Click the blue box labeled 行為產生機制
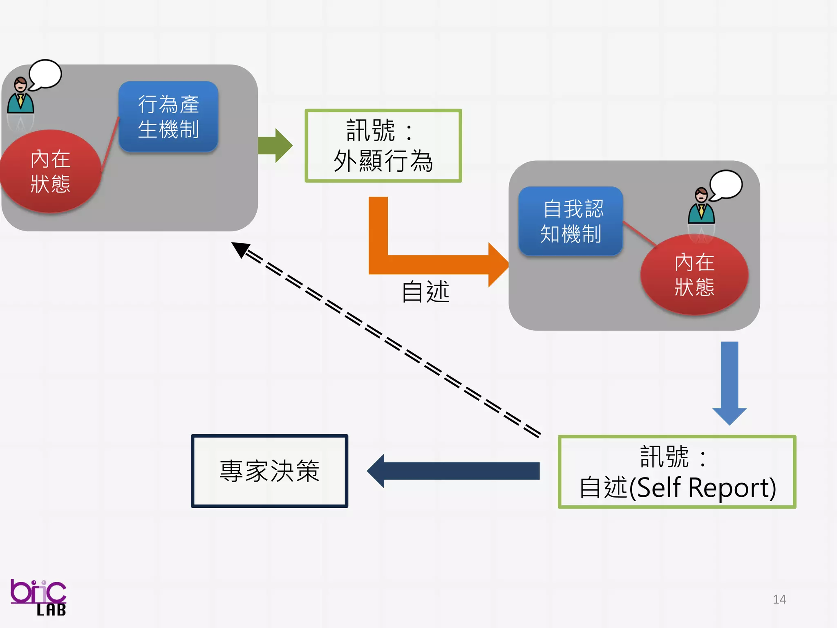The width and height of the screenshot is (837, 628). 168,116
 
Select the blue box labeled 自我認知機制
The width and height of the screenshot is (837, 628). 571,221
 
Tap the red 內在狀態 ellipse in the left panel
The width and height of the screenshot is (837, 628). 50,171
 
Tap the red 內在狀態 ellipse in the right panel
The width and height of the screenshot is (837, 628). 694,274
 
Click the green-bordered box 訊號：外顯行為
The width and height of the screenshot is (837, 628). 383,146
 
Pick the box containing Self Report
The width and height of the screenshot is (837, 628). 677,471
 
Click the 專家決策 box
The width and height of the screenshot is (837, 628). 269,471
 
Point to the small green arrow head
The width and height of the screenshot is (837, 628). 283,146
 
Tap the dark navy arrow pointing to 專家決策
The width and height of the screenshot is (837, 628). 454,471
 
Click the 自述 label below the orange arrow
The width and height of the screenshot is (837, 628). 425,292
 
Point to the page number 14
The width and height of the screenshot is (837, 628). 779,599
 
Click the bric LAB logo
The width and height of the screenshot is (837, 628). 38,597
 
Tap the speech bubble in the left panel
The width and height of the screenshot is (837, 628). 45,74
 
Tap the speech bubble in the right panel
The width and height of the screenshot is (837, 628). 726,185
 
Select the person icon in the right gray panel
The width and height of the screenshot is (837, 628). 701,206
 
